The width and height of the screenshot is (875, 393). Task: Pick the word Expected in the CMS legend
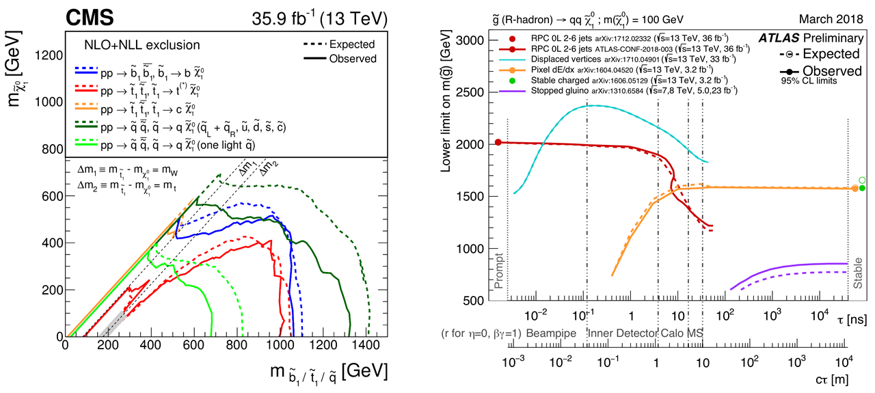pos(351,44)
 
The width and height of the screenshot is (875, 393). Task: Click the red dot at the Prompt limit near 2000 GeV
pos(498,142)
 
